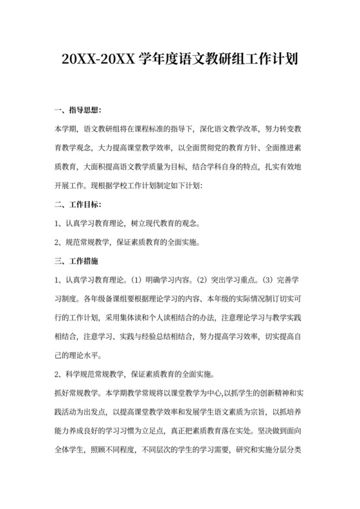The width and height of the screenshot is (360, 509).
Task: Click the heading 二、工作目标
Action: [x=78, y=205]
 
